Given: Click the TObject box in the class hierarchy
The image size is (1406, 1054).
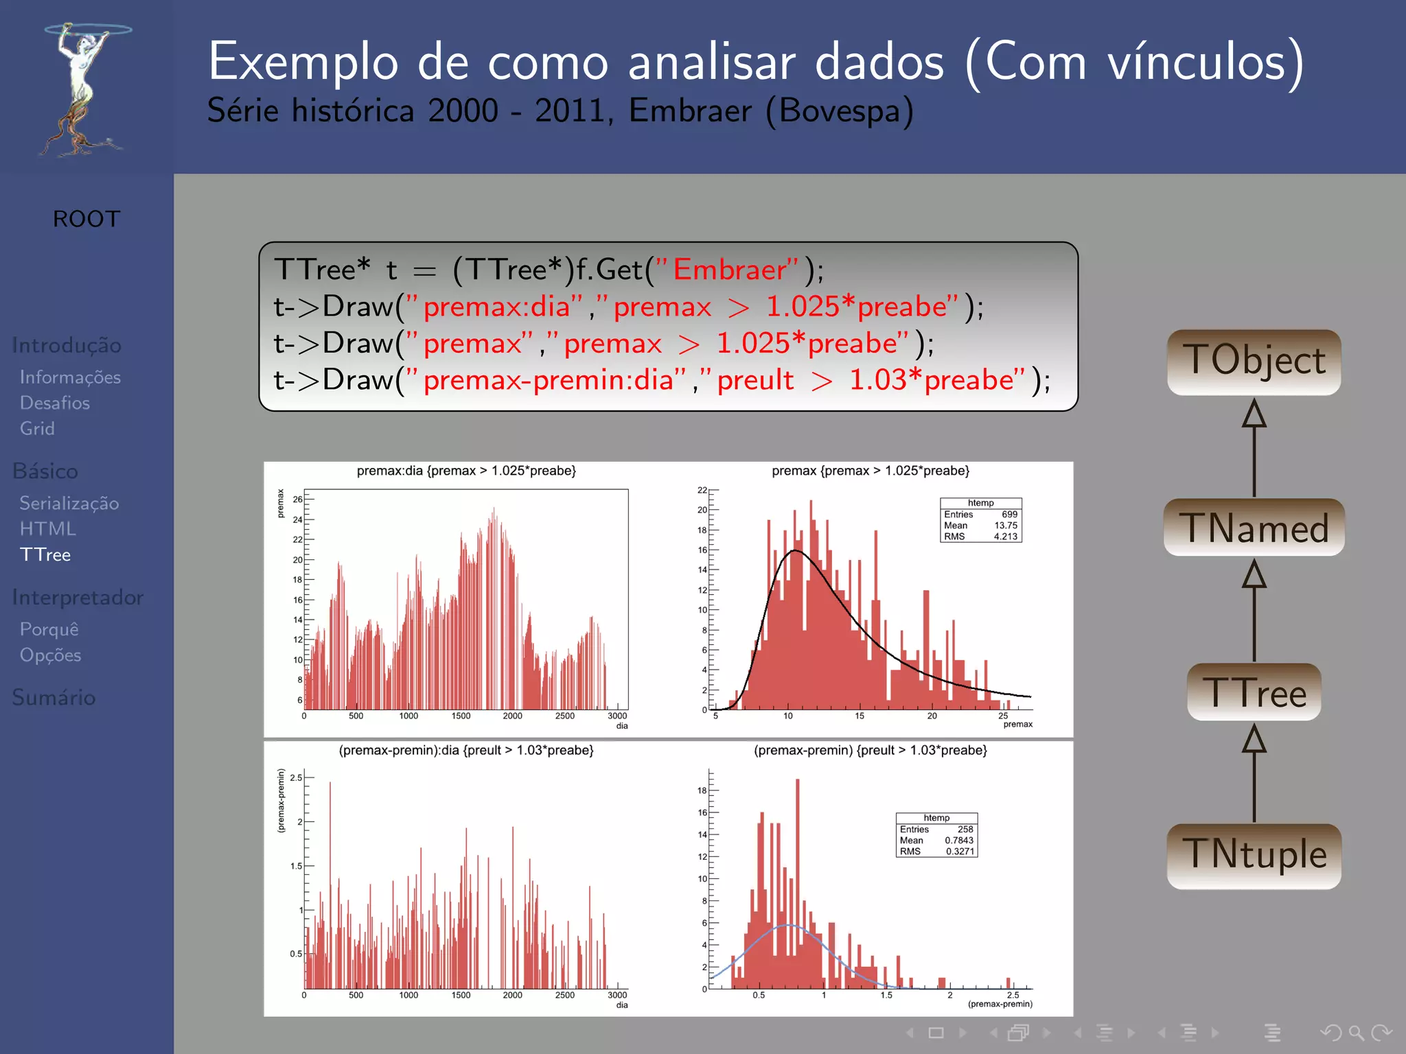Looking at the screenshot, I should pos(1254,362).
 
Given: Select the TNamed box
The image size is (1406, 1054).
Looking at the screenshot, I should pos(1254,528).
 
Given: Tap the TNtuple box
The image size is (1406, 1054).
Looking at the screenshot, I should pos(1254,856).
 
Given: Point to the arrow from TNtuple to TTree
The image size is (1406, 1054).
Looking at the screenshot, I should pos(1254,773).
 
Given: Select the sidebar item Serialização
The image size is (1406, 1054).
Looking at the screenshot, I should pos(69,503).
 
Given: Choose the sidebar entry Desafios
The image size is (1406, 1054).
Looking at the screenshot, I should pos(55,403).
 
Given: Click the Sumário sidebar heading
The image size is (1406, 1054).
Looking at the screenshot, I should pos(54,697).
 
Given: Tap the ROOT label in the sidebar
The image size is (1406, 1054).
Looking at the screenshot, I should pos(87,219).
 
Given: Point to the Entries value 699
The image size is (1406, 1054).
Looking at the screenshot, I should pos(1009,514).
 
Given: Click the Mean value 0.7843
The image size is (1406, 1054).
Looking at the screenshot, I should pos(958,840).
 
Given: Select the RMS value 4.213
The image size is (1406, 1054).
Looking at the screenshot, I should pos(1005,537).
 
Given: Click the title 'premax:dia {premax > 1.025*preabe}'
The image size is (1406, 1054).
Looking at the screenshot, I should pos(466,471).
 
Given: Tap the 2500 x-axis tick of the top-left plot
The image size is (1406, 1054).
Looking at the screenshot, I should pos(564,716).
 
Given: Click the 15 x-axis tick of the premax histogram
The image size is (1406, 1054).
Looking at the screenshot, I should pos(860,716).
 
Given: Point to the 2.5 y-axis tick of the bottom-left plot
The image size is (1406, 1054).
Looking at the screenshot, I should pos(296,777).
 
